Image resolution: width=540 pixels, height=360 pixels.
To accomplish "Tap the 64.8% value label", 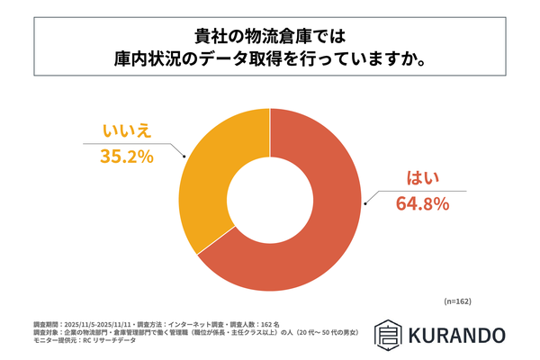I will point(422,204).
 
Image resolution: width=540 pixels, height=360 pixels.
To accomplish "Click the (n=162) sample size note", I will point(458,301).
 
